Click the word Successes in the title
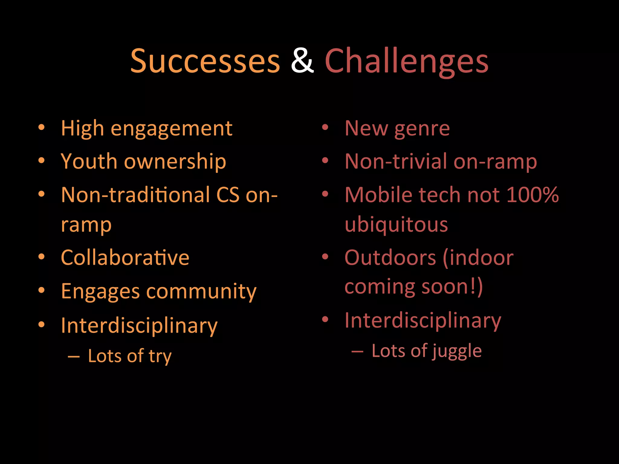coord(205,61)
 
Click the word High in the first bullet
coord(82,129)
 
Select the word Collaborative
coord(125,258)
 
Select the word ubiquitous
coord(396,225)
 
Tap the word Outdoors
coord(390,258)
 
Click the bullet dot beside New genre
coord(325,127)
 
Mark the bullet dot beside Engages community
coord(41,290)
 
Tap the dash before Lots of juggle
coord(357,351)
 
